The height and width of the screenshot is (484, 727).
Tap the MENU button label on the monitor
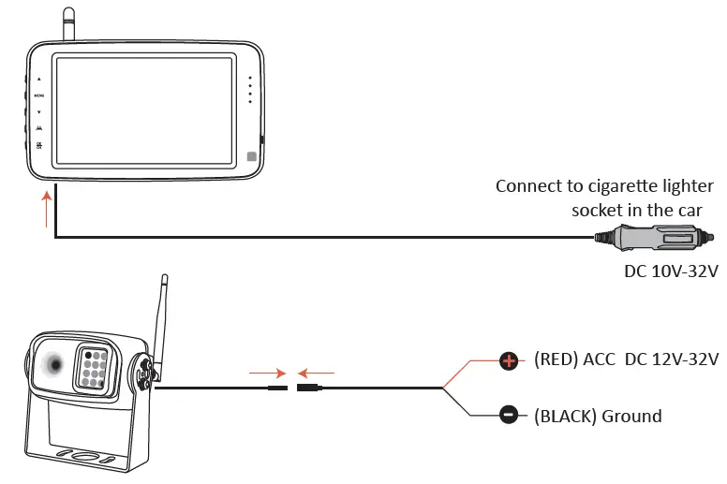coord(38,95)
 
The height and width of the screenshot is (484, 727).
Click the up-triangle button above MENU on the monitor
coord(38,80)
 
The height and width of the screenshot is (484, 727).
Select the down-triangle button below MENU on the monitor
coord(38,111)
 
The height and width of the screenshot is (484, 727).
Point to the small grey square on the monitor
coord(251,157)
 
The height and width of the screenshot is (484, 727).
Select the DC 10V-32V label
coord(671,272)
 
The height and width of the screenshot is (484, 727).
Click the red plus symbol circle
coord(509,359)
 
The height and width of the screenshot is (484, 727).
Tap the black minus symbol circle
coord(509,415)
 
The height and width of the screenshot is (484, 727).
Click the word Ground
coord(632,416)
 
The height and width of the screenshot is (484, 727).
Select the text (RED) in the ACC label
coord(556,359)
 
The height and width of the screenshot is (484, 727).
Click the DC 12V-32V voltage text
coord(672,359)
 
